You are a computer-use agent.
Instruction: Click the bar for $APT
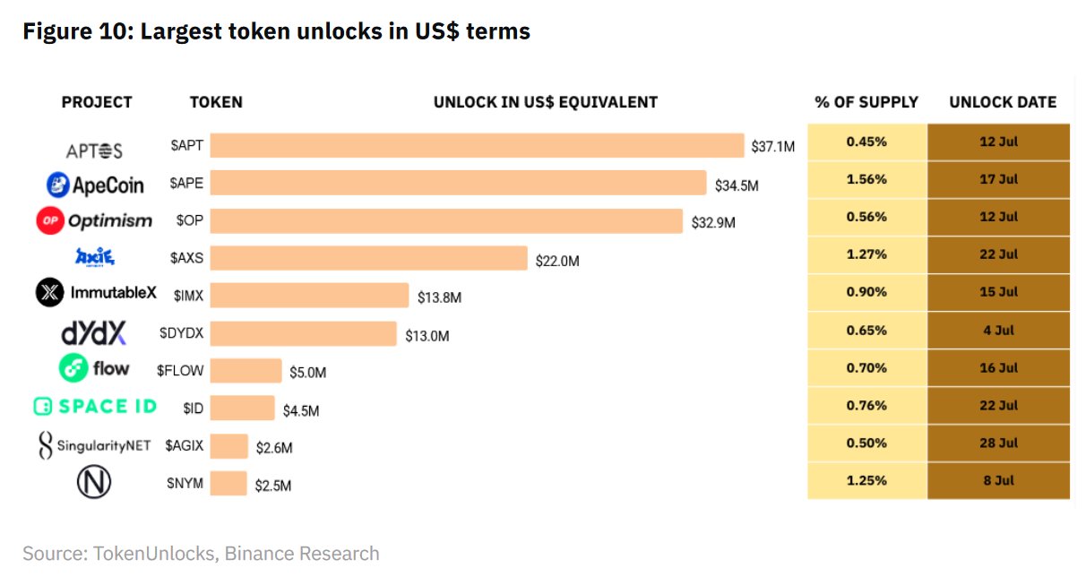pos(477,146)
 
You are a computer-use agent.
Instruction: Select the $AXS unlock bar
pos(368,258)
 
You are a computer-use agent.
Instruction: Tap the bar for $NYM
pos(228,484)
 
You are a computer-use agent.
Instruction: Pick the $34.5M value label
pos(737,185)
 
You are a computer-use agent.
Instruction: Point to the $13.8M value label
pos(439,297)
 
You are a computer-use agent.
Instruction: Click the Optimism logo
pos(94,220)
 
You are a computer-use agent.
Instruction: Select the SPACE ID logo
pos(94,407)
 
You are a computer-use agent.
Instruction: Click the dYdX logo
pos(93,333)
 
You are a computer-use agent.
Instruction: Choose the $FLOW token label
pos(179,370)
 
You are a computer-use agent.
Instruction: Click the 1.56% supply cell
pos(866,179)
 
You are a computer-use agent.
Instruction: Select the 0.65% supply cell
pos(866,330)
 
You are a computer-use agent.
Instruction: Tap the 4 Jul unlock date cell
pos(998,330)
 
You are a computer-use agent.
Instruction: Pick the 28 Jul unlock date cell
pos(998,443)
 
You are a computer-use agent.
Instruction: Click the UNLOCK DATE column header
pos(1003,102)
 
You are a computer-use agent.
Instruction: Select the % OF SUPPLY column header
pos(866,102)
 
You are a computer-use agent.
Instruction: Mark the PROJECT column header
pos(97,102)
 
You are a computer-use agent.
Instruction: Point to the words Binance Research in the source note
pos(302,554)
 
